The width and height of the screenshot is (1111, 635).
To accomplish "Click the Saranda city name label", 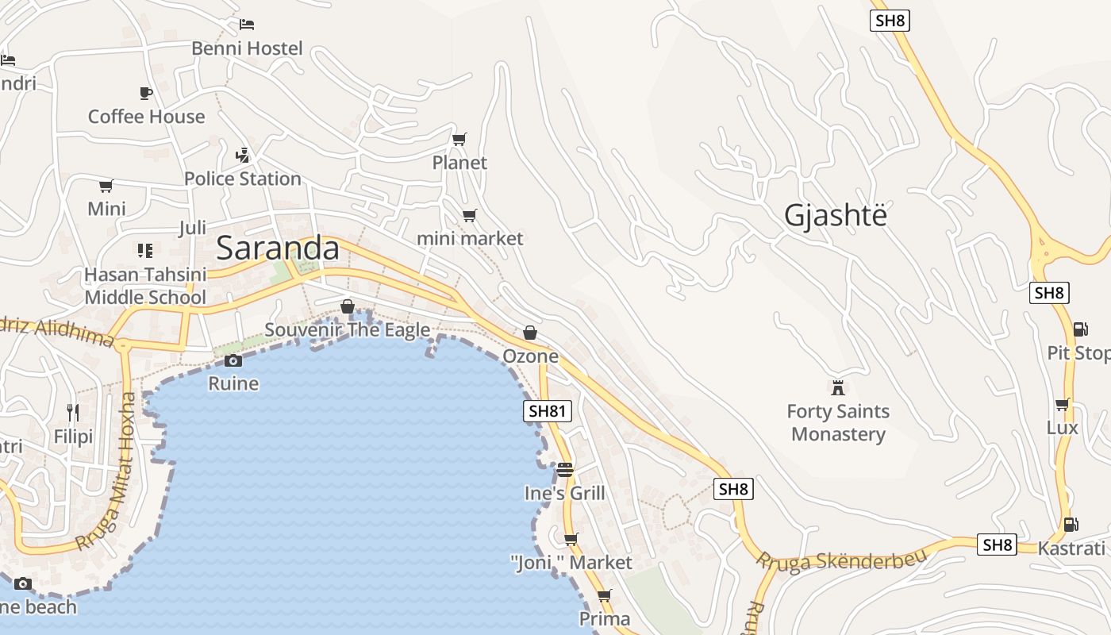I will coord(278,248).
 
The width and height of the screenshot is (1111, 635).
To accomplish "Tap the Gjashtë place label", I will coord(835,215).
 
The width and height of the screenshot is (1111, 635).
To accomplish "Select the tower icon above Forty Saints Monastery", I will coord(838,388).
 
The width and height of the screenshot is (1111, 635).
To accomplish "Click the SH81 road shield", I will coord(548,410).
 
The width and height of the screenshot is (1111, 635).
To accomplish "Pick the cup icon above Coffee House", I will coord(146,93).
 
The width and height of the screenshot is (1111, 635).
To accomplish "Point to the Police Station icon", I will coord(243,155).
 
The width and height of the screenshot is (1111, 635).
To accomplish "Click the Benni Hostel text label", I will coord(247,48).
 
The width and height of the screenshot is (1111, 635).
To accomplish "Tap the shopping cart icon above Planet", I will coord(459,140).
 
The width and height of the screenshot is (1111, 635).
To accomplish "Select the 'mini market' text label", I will coord(470,238).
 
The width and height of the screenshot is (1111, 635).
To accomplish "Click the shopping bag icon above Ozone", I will coord(530,333).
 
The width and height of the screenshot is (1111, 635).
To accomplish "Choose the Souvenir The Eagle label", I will coord(348,329).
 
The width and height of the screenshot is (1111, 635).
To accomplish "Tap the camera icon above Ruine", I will coord(233,361).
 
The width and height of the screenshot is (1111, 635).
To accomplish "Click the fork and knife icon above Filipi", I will coord(73,412).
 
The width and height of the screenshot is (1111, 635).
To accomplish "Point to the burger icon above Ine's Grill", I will coord(564,469).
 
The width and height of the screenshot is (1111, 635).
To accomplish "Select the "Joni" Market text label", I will coord(571,563).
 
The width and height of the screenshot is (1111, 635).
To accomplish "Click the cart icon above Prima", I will coord(605,595).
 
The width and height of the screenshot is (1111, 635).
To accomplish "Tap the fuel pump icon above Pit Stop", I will coord(1080,329).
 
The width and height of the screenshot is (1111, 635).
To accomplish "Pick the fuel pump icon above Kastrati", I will coord(1071,524).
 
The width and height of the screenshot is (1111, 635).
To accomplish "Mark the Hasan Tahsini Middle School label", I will coord(145,286).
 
